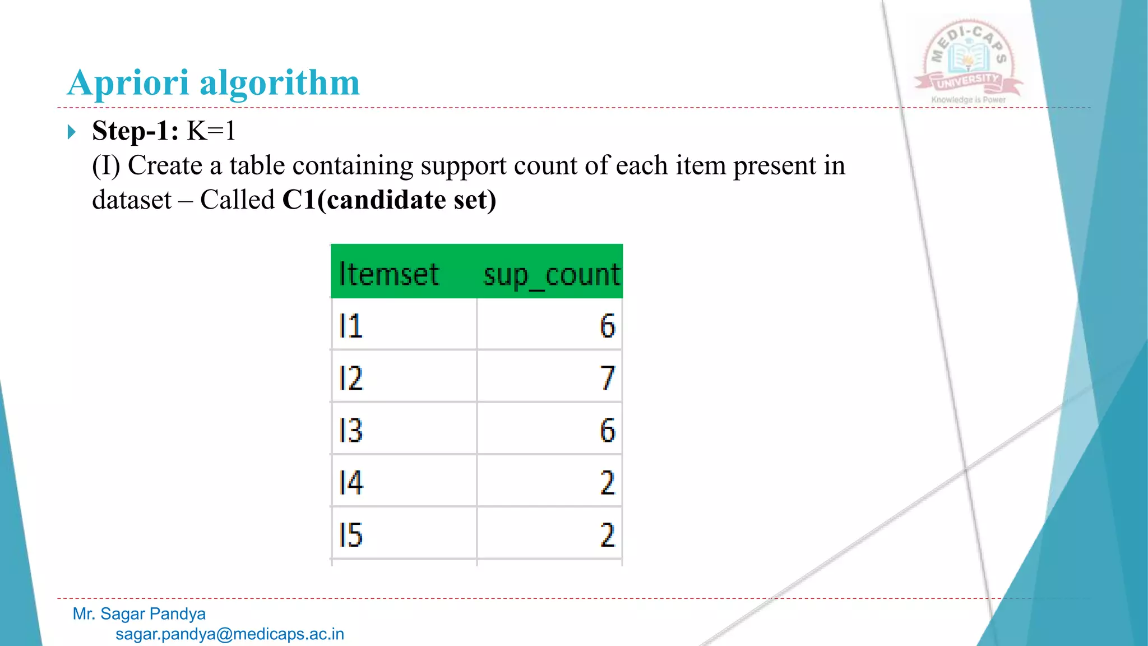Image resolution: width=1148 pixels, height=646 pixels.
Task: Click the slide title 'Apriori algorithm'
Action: click(213, 83)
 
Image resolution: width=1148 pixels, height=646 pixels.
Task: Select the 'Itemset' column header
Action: click(388, 274)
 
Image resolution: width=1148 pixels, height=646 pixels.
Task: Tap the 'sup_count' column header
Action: click(552, 275)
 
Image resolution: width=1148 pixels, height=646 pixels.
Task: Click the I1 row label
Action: click(351, 326)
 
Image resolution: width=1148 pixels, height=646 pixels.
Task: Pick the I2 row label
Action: click(351, 378)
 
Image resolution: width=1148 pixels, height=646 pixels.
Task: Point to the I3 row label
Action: click(351, 430)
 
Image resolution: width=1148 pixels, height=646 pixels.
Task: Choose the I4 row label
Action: click(351, 482)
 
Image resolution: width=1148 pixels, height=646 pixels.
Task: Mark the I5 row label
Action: click(351, 534)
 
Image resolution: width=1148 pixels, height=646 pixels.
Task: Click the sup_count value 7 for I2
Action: click(607, 378)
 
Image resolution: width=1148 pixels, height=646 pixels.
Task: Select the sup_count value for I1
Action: click(607, 326)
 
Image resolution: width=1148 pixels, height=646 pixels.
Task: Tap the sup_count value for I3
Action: click(607, 430)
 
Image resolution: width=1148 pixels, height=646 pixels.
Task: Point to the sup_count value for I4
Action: click(607, 482)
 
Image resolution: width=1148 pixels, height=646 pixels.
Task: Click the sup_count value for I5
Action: click(607, 534)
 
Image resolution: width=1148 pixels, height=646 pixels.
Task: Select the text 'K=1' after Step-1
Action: click(211, 131)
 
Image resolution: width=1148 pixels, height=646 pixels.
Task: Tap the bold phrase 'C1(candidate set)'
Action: click(389, 200)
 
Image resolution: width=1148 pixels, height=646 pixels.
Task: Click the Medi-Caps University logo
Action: click(969, 62)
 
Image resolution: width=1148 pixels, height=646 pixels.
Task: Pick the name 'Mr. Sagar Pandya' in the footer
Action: click(139, 613)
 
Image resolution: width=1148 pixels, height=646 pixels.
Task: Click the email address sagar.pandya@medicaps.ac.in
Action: click(230, 634)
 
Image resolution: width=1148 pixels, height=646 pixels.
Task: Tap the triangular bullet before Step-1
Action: click(71, 132)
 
